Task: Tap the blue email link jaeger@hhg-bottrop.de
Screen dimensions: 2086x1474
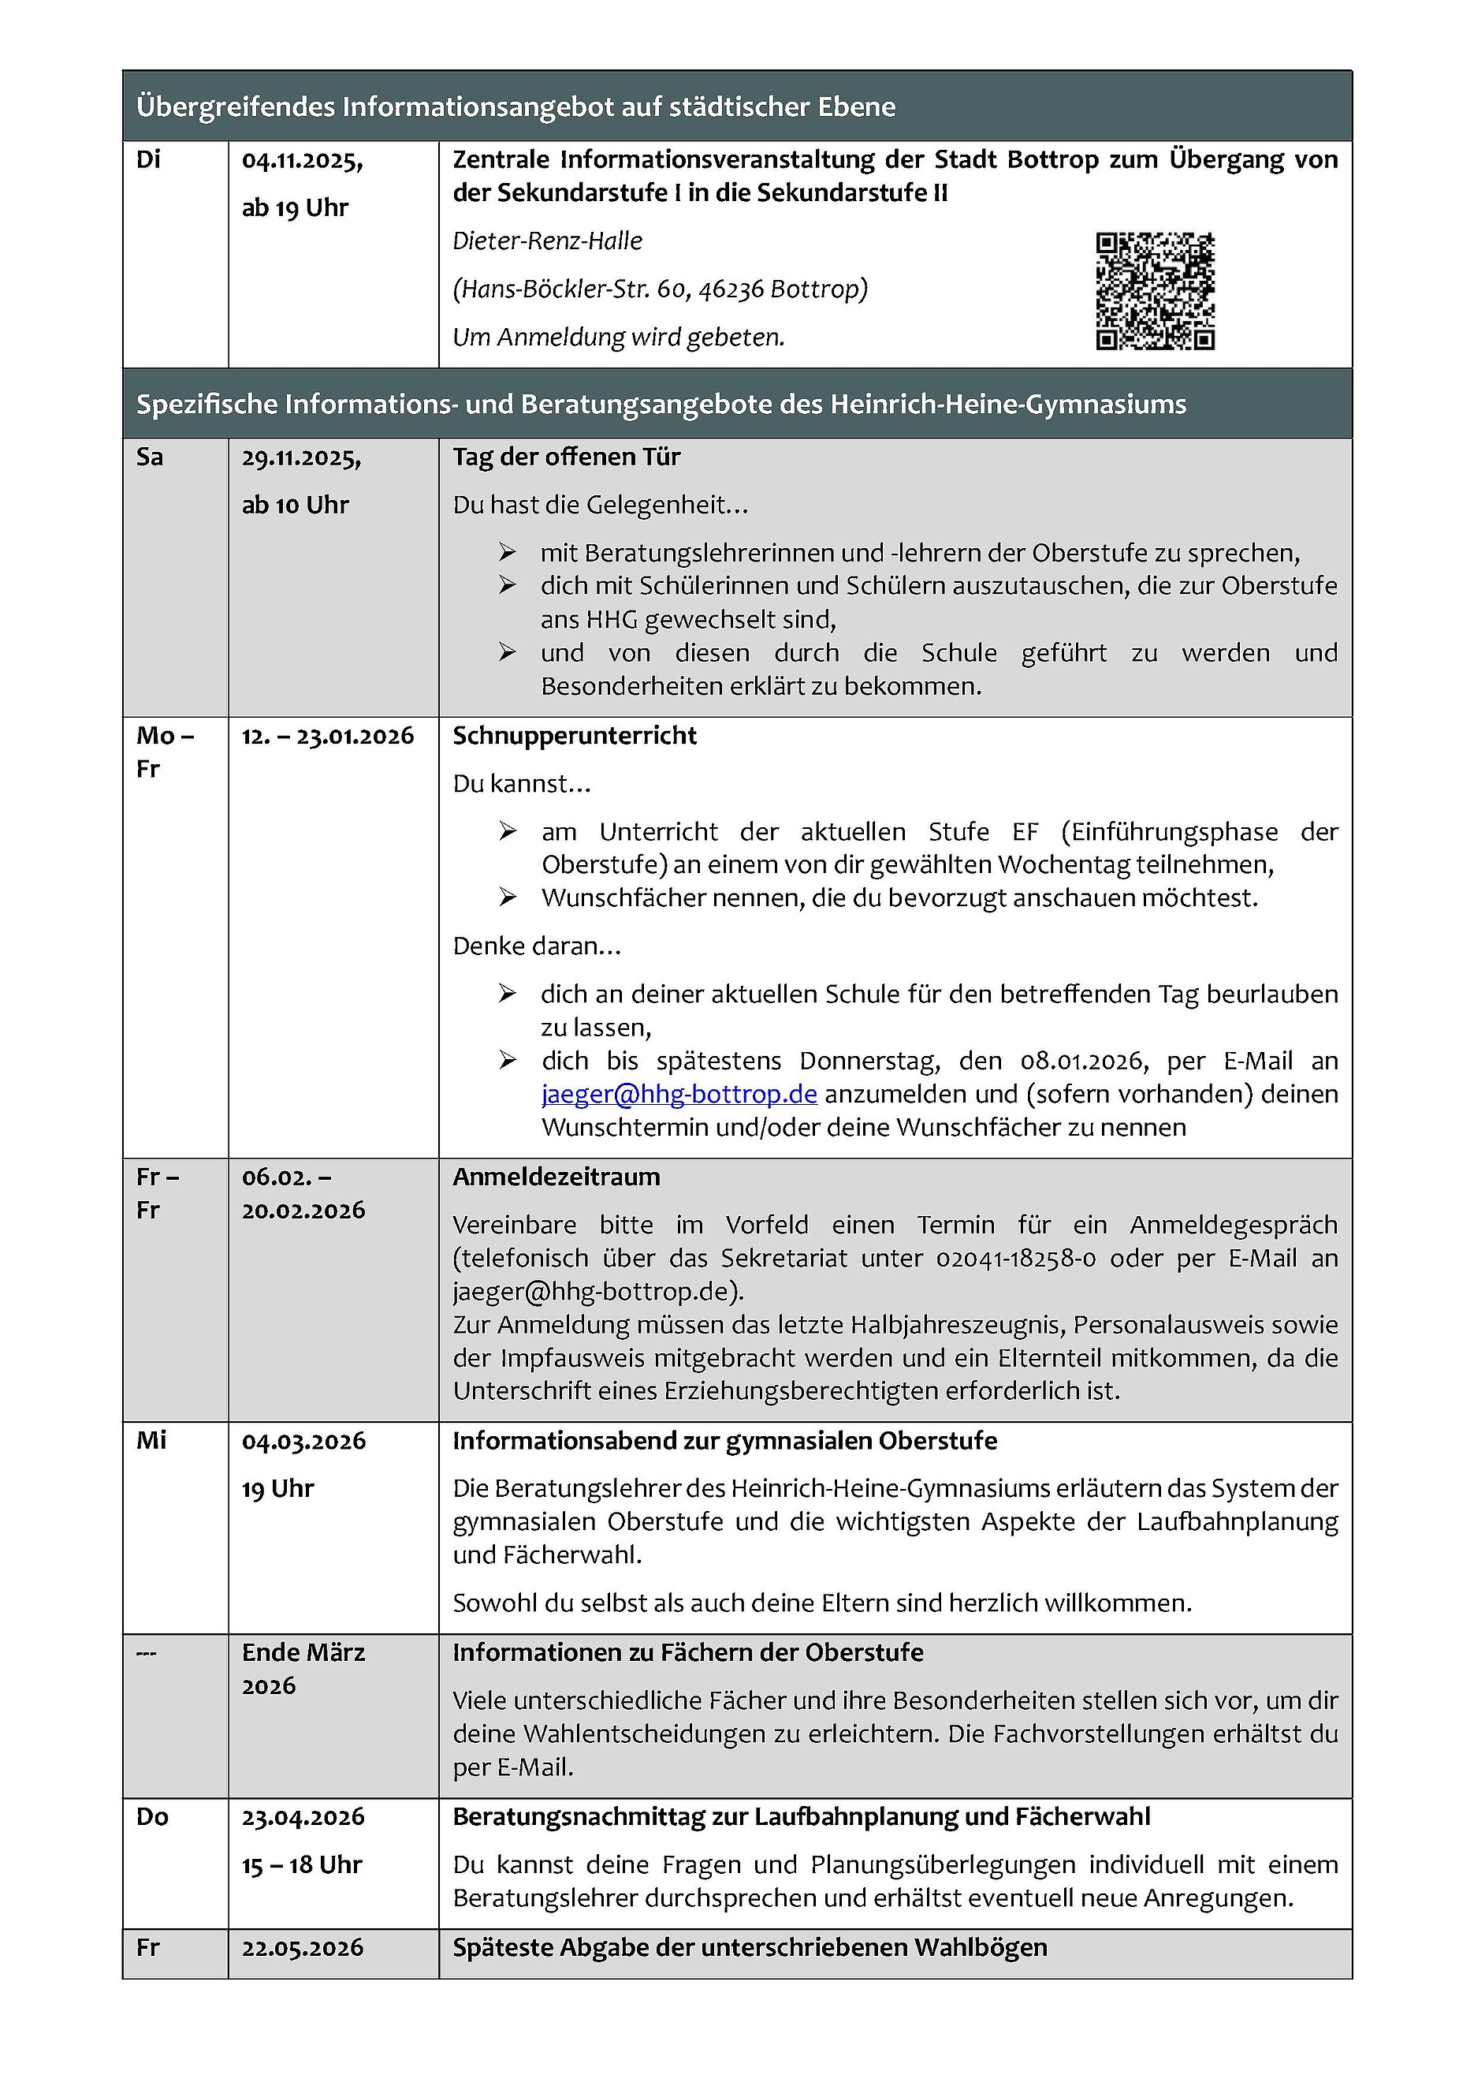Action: pos(679,1094)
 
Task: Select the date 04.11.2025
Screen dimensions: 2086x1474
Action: pos(302,161)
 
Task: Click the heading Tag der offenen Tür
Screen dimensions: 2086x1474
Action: pos(566,457)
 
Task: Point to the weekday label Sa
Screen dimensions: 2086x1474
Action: pos(150,457)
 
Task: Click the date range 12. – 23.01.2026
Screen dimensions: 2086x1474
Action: pos(327,736)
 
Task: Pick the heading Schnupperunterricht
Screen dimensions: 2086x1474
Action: pos(574,736)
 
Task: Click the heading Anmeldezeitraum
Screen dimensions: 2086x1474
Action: pos(556,1177)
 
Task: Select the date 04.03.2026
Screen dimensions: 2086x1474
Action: pos(303,1442)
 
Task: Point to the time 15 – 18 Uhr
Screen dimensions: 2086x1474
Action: pos(302,1865)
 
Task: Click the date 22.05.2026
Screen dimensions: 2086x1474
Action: pos(303,1948)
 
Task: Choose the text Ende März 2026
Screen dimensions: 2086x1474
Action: pos(303,1669)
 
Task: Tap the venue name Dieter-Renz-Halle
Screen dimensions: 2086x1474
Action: pos(547,241)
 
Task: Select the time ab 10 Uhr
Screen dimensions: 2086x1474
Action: pos(294,506)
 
